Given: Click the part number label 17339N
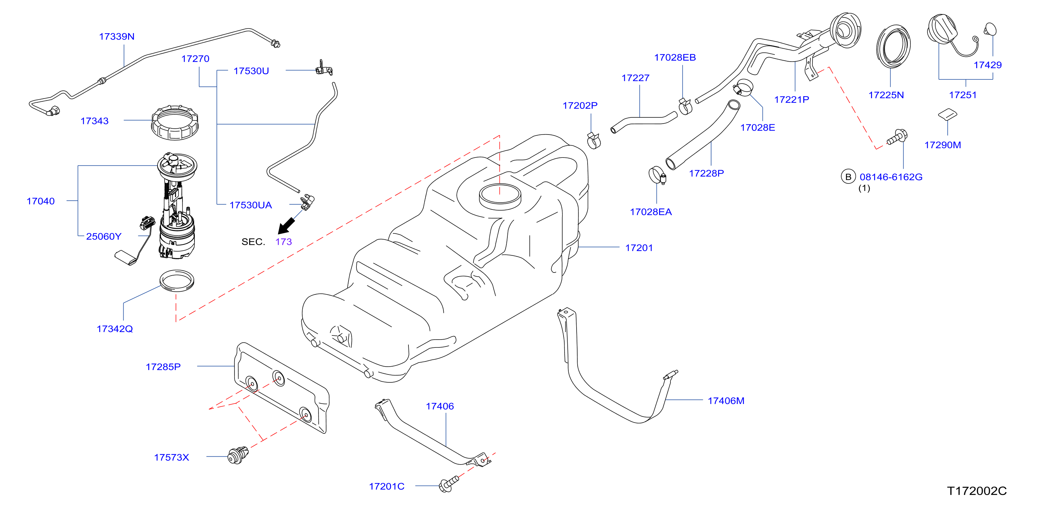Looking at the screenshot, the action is (117, 37).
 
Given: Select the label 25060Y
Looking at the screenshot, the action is (104, 237).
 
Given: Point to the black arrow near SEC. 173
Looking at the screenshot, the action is (286, 226).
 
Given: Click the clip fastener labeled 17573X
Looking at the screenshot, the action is (238, 456).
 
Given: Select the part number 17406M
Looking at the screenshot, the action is (726, 401).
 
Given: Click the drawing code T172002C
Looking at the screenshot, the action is (977, 491).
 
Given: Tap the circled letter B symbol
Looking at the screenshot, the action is (848, 177).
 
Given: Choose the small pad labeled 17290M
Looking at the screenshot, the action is (947, 114).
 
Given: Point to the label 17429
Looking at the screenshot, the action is (988, 65).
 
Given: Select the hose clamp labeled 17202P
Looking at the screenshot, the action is (594, 140).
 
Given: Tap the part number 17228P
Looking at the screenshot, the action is (706, 174).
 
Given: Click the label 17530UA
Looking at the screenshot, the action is (250, 205).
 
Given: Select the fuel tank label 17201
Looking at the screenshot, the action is (639, 248).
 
